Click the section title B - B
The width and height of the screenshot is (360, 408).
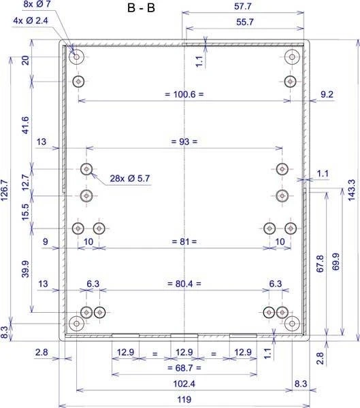(141, 7)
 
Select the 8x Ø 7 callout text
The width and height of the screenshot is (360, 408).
(37, 4)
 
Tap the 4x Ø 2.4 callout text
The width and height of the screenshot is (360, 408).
(31, 20)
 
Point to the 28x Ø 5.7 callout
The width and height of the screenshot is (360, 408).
(130, 178)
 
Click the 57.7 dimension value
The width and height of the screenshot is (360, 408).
(243, 6)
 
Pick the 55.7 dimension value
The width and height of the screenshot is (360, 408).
(245, 22)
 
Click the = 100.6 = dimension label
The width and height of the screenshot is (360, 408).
(184, 95)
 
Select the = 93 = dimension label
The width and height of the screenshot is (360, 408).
(184, 141)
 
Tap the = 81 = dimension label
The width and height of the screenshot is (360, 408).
(184, 241)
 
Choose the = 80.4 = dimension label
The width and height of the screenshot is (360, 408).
(184, 284)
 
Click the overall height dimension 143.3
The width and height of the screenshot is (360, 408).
(351, 190)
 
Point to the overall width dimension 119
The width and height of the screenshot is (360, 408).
(184, 399)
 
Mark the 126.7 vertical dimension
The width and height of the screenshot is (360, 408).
(5, 190)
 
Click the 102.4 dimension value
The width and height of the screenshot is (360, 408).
(184, 384)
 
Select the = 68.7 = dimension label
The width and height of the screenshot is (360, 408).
(184, 368)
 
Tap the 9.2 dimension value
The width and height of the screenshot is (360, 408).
(327, 95)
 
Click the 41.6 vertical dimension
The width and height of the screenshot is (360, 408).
(26, 125)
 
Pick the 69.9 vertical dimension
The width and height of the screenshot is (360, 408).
(336, 262)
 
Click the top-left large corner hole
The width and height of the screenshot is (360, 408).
(77, 56)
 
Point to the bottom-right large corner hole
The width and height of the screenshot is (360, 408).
(292, 324)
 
